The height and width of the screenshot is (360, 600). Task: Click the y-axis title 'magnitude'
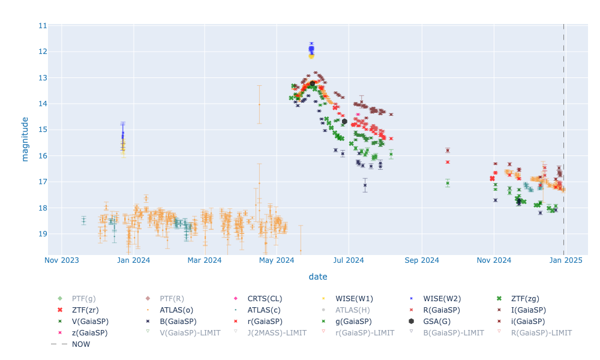point(25,139)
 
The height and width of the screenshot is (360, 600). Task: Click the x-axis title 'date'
point(318,277)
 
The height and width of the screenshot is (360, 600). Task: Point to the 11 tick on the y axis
point(42,26)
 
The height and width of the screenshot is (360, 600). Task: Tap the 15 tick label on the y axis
point(42,130)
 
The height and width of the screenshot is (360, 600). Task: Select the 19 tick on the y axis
point(42,234)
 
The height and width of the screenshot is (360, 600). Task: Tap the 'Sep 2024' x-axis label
point(422,260)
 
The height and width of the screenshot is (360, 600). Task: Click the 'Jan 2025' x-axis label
point(564,260)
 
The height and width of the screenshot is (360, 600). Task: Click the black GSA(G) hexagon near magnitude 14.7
point(344,121)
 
